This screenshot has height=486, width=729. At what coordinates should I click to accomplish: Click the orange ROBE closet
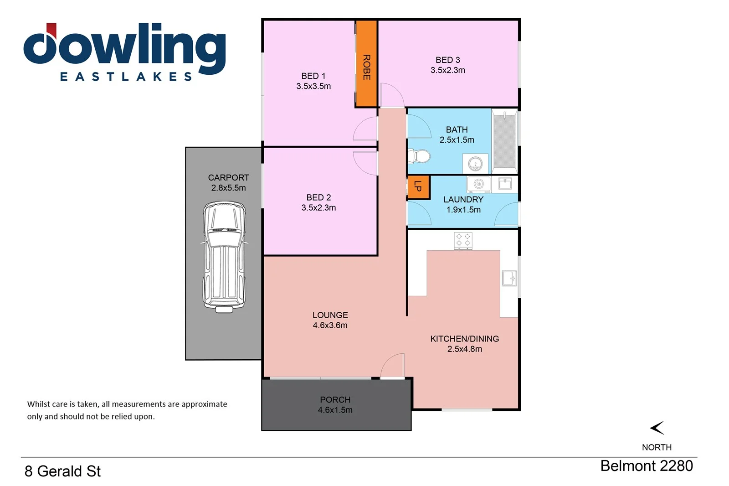pos(366,64)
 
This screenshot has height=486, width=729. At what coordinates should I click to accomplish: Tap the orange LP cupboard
pos(418,187)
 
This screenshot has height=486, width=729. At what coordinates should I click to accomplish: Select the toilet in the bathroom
pos(420,156)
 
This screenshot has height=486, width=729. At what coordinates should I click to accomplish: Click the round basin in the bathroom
pos(475,163)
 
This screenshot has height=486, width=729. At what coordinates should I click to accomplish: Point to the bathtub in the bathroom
pos(504,140)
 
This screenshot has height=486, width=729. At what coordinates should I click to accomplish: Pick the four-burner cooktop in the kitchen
pos(463,241)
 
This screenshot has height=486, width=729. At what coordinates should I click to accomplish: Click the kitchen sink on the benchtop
pos(509,278)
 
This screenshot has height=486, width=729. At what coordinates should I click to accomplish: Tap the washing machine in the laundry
pos(478,184)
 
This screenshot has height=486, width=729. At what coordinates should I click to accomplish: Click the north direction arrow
pos(657,428)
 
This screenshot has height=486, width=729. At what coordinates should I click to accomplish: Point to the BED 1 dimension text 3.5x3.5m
pos(313,86)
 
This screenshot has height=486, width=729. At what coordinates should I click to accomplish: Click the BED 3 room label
pos(447,60)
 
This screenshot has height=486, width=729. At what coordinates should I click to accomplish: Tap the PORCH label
pos(335,399)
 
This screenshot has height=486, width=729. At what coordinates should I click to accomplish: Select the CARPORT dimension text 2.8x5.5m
pos(228,188)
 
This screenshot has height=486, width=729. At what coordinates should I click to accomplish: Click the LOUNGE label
pos(330,315)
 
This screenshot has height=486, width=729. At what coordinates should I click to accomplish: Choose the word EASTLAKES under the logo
pos(126,77)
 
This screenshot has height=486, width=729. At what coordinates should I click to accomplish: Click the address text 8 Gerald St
pos(62,471)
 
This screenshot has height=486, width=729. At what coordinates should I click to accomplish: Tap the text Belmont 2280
pos(646,466)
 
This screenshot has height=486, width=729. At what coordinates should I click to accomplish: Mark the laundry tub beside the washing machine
pos(505,183)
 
